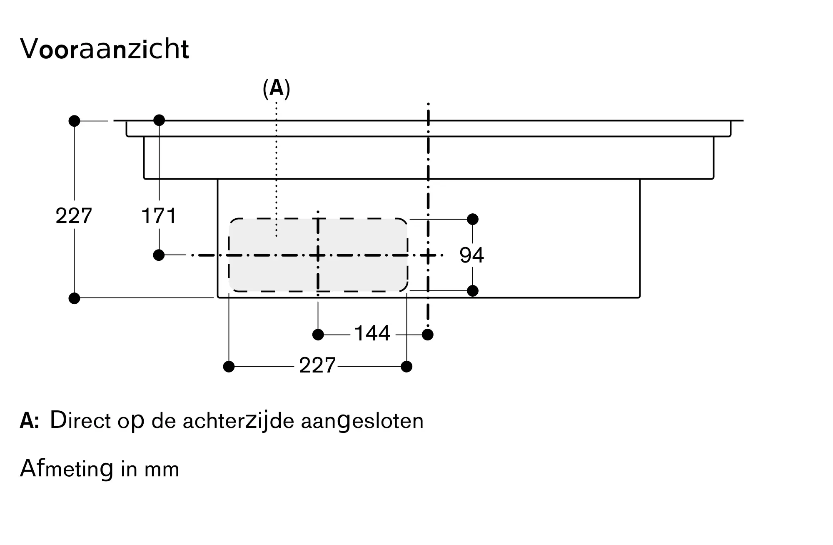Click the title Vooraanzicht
pos(105,49)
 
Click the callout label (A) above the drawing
pos(276,89)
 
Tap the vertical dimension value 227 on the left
pos(74,216)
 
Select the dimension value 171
pos(159,216)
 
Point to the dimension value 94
pos(471,255)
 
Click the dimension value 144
pos(372,333)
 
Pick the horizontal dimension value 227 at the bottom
pos(317,366)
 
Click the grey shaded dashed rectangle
pos(318,255)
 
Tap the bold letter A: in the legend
pos(30,421)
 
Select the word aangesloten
pos(362,421)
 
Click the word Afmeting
pos(67,468)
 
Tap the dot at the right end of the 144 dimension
pos(428,335)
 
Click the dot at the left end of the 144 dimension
pos(318,335)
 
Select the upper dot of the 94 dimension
pos(473,219)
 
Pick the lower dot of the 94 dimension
pos(473,291)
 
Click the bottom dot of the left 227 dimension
pos(74,298)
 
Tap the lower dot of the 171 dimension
pos(159,255)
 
